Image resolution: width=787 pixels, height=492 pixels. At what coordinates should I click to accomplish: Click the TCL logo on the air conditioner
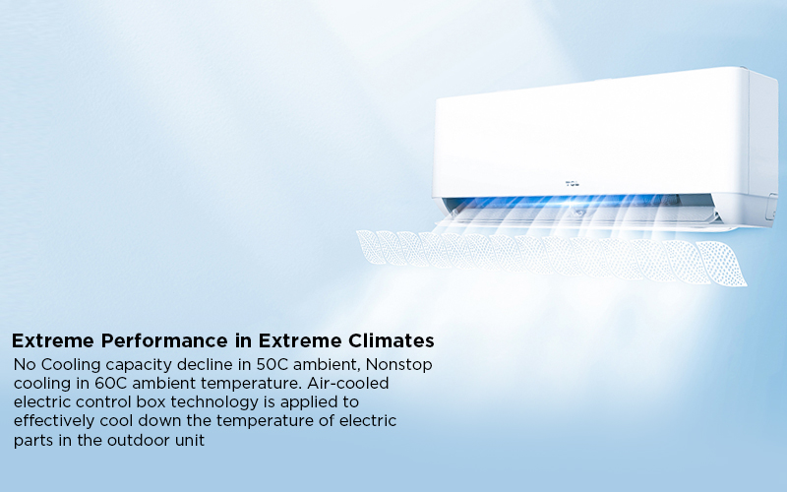[573, 184]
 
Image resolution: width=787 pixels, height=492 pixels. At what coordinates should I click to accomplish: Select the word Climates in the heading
[391, 340]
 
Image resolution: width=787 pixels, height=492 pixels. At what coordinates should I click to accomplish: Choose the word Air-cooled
[348, 383]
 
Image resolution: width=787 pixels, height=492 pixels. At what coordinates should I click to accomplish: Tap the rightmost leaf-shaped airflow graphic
[722, 264]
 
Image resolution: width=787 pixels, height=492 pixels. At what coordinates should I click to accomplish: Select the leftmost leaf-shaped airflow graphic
[371, 246]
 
